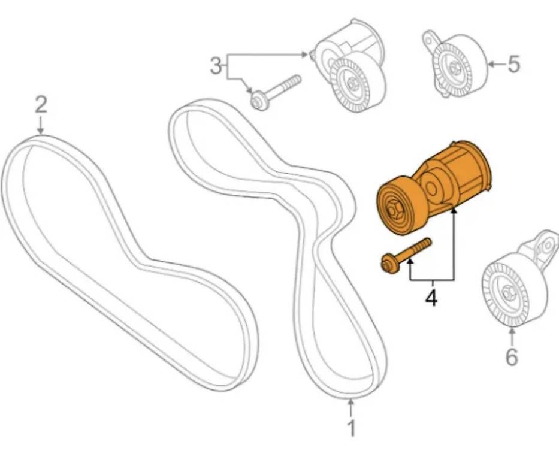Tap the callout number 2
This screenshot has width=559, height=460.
coord(41,105)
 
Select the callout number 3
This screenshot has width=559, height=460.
coord(215,66)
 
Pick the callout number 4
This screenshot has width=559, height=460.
coord(431,298)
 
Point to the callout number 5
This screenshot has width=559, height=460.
coord(513,64)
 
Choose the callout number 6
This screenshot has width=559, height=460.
coord(512,356)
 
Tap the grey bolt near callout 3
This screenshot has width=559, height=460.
coord(276,92)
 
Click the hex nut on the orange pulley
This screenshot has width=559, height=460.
coord(393,210)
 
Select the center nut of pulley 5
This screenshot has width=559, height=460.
coord(454,67)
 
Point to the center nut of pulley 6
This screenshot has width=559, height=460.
coord(507,292)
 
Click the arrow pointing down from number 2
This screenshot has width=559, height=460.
coord(41,125)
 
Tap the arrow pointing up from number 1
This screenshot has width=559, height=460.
coord(352,408)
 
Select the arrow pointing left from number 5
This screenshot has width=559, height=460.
coord(496,64)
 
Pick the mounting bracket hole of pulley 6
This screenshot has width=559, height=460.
coord(547,245)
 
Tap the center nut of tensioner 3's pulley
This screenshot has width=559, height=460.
coord(352,83)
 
